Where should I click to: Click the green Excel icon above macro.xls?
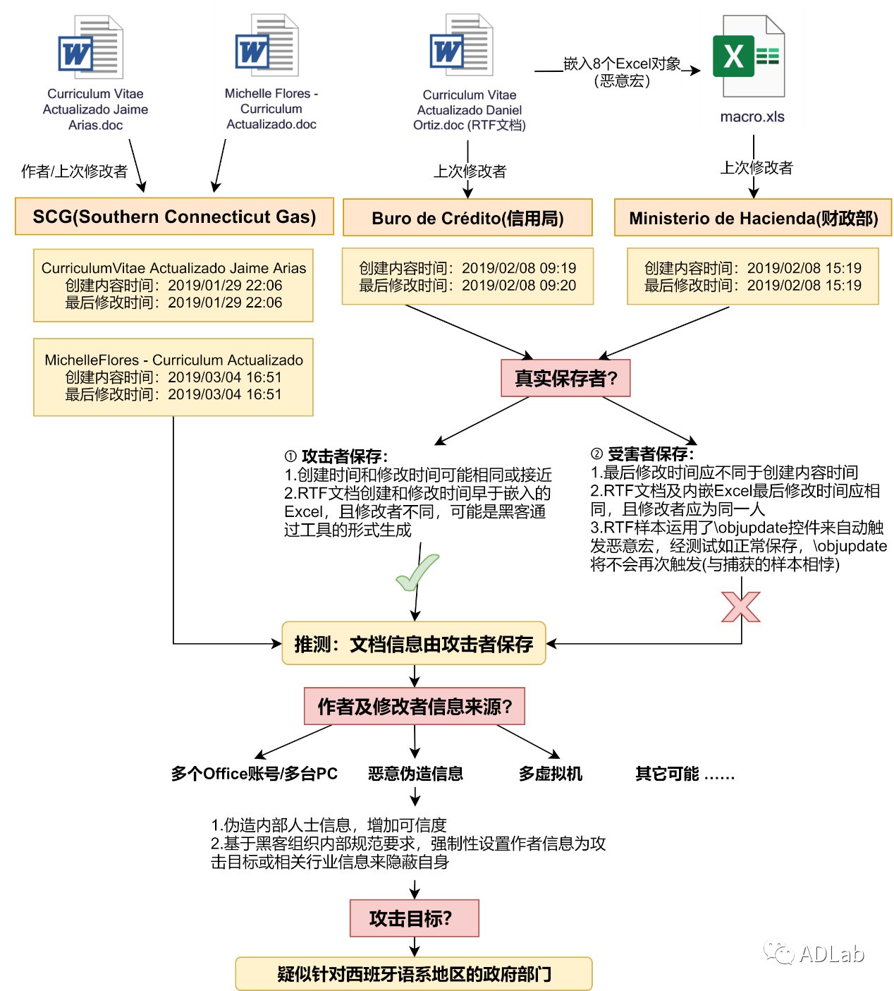pos(749,56)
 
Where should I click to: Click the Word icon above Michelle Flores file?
pos(267,46)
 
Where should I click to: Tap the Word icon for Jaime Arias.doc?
pos(90,48)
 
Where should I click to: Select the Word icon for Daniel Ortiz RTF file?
pos(460,46)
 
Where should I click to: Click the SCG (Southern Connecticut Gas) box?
pos(174,217)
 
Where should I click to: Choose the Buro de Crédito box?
pos(467,218)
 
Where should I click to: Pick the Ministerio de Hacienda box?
pos(753,218)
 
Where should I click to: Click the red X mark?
pos(741,607)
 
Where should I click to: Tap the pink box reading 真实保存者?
pos(565,378)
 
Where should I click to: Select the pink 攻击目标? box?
pos(414,918)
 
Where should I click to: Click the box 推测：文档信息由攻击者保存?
pos(414,643)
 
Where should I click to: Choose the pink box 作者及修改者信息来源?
pos(415,706)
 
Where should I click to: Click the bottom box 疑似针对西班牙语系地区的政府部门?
pos(414,974)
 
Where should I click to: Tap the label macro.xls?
pos(752,117)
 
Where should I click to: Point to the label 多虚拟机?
pos(551,774)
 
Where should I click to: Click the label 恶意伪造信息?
pos(415,774)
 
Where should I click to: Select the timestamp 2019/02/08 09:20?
pos(519,286)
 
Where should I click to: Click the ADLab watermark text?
pos(831,954)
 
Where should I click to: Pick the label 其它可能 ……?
pos(685,774)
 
